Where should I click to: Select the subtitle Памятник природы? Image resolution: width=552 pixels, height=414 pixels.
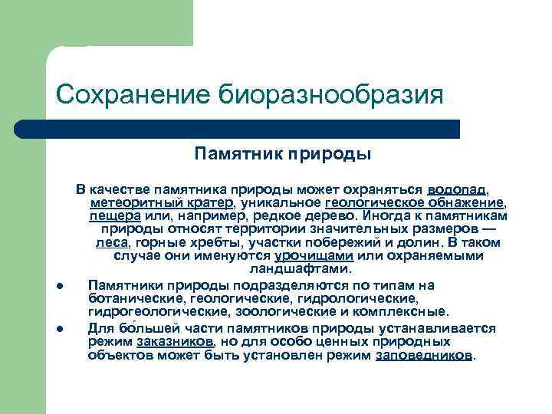tap(283, 154)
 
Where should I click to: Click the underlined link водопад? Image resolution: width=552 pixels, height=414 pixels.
tap(456, 189)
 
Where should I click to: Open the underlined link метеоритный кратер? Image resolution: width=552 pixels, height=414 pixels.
tap(162, 202)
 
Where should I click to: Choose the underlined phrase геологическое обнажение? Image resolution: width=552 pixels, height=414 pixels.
tap(415, 202)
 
